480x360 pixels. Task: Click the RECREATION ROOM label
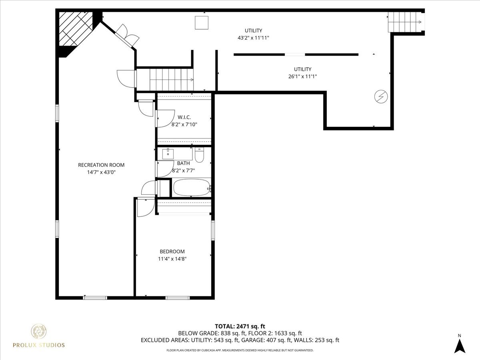click(101, 165)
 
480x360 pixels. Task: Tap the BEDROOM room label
click(172, 252)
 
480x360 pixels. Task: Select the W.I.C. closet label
click(184, 117)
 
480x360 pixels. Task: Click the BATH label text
click(184, 163)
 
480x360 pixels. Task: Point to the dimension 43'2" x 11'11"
click(253, 38)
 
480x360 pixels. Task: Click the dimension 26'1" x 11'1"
click(302, 76)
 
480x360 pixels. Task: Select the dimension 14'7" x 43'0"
click(101, 172)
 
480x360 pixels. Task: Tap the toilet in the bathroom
click(200, 154)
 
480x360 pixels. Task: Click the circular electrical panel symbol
click(380, 96)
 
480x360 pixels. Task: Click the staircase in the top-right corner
click(405, 22)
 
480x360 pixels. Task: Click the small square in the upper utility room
click(201, 22)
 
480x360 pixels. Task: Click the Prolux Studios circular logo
click(39, 332)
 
